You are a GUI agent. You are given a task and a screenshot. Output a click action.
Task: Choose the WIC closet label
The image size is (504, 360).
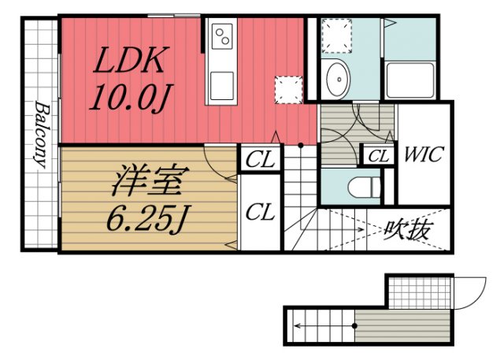[424, 154]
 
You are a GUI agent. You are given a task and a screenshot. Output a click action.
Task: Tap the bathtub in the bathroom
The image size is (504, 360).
[409, 80]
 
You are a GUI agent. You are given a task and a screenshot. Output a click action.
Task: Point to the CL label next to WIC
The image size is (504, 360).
[379, 156]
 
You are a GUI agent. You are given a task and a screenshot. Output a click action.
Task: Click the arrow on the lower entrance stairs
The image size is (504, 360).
[299, 325]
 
